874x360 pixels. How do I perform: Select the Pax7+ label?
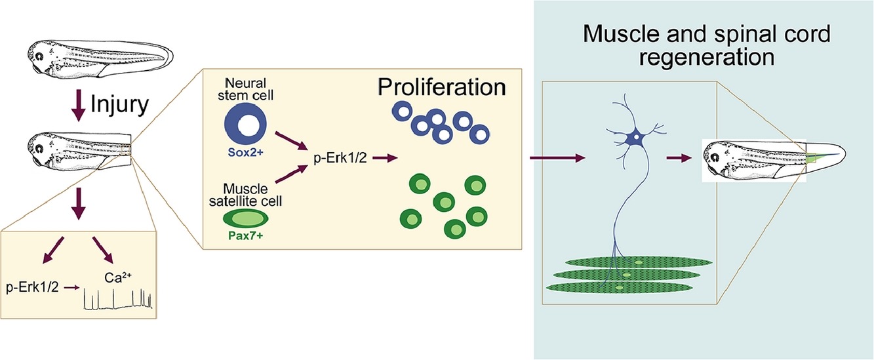pyautogui.click(x=241, y=237)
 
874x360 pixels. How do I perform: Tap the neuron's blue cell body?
pyautogui.click(x=635, y=139)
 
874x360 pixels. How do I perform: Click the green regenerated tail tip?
pyautogui.click(x=813, y=157)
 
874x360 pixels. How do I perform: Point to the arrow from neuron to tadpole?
pyautogui.click(x=679, y=158)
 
